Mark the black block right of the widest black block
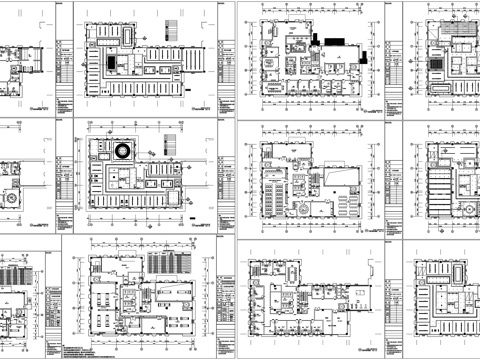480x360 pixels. pos(354,50)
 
